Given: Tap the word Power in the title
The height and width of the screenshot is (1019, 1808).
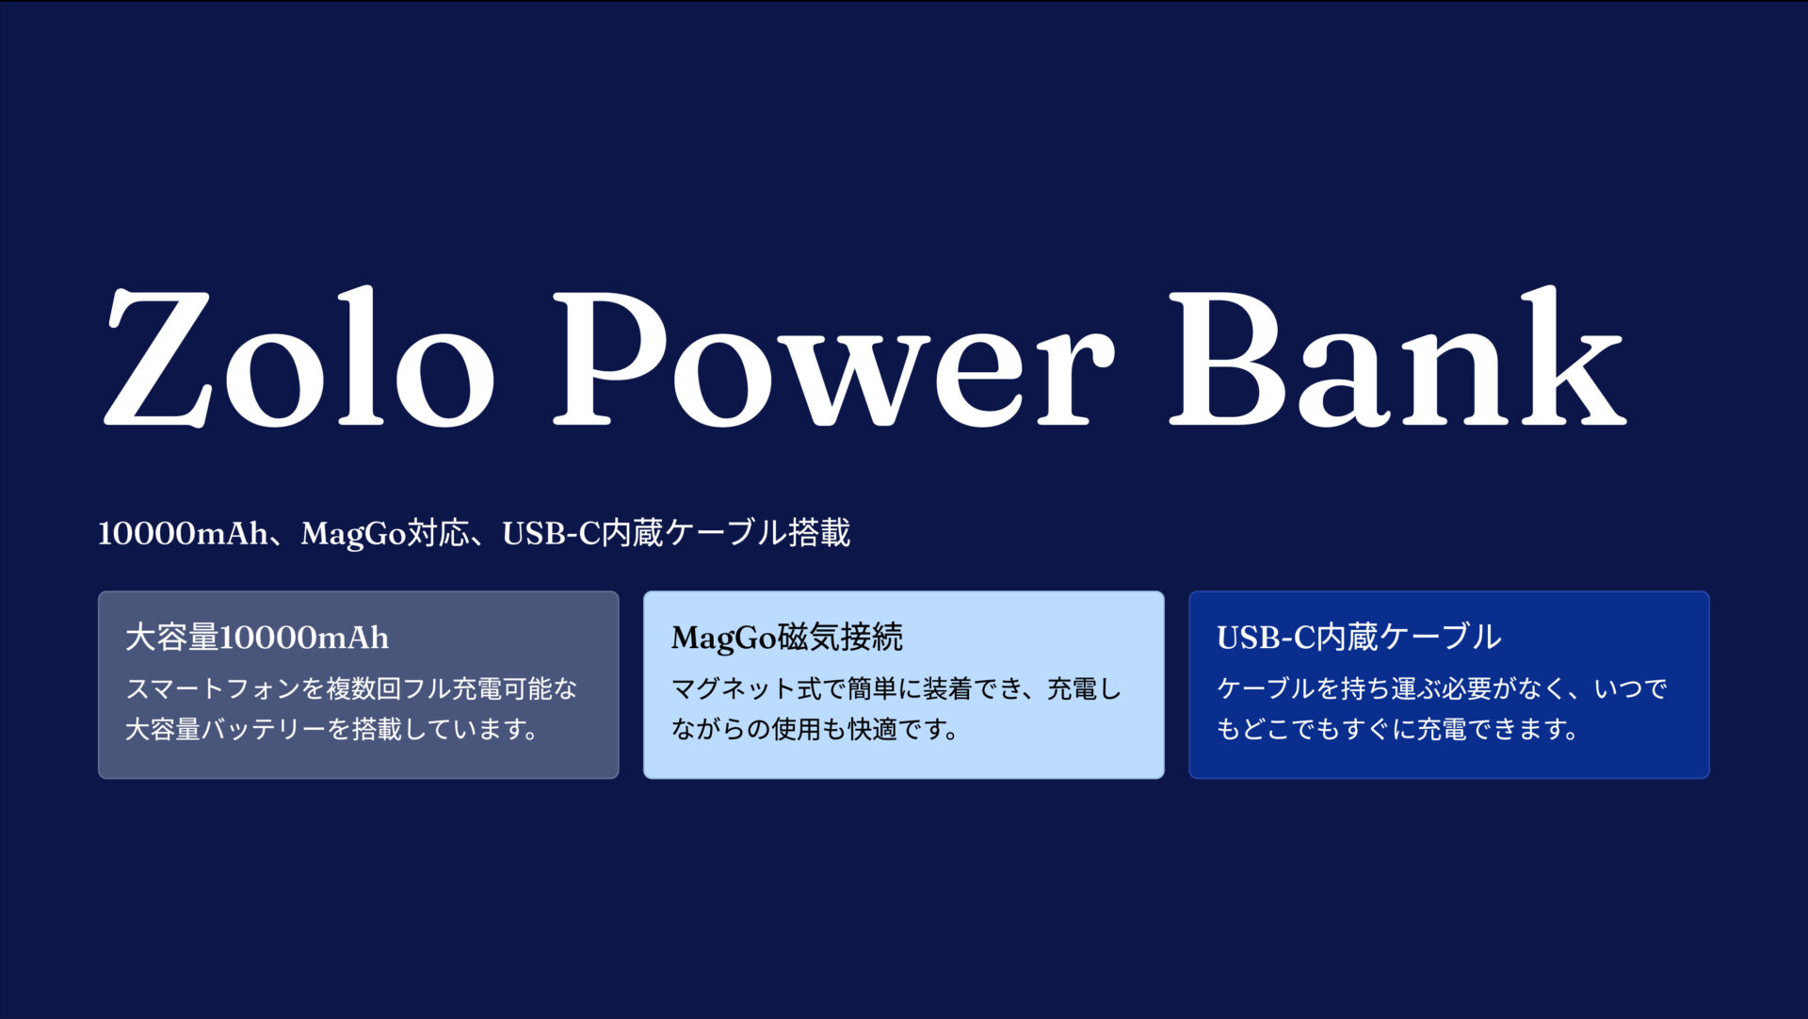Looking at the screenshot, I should pyautogui.click(x=833, y=358).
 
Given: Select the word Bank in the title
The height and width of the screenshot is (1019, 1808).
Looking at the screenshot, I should pyautogui.click(x=1397, y=358).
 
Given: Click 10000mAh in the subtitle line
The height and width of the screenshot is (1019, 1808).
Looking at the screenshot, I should pyautogui.click(x=183, y=534).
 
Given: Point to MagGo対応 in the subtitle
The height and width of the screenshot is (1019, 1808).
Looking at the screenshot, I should pyautogui.click(x=384, y=534).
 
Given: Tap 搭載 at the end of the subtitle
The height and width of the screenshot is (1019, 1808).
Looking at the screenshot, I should pyautogui.click(x=819, y=533).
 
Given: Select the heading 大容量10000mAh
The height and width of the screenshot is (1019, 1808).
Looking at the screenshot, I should pyautogui.click(x=257, y=638).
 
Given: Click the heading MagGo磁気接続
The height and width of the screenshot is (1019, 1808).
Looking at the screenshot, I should pyautogui.click(x=786, y=638).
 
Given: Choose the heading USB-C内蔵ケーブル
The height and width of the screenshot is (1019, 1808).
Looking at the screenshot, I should pyautogui.click(x=1359, y=638).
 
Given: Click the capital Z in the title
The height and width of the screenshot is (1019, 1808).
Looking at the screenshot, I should pyautogui.click(x=158, y=358).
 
